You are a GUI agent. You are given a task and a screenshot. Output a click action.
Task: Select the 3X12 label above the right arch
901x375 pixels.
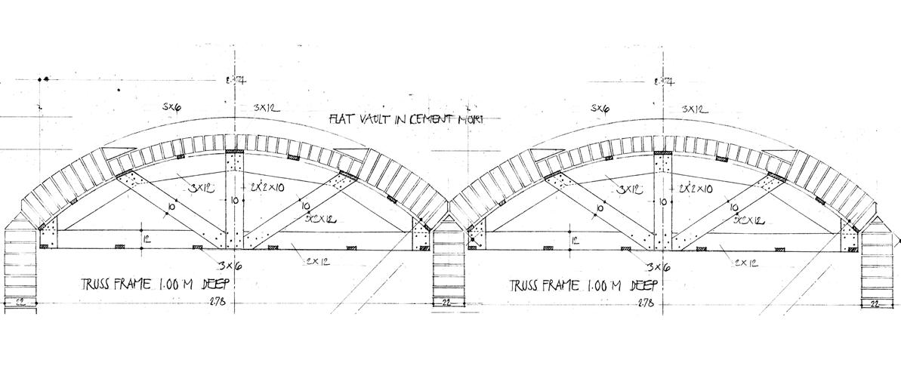(694, 109)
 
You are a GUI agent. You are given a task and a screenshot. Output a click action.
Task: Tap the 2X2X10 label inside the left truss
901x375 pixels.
(267, 186)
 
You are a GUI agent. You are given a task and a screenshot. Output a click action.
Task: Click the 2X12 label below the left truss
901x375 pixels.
(319, 261)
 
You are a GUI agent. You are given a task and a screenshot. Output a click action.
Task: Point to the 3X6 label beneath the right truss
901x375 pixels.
(658, 266)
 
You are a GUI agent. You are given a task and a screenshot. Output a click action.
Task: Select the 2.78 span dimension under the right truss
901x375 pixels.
(646, 303)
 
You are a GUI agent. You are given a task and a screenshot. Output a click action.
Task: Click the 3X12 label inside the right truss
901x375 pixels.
(630, 189)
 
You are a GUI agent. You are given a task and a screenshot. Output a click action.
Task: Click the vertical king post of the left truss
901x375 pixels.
(233, 200)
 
